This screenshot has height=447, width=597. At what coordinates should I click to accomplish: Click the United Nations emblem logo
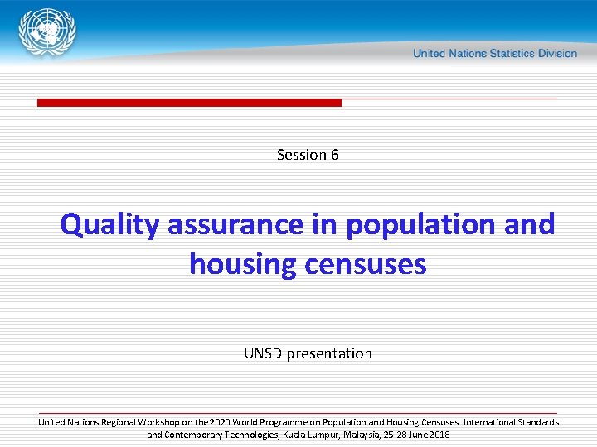47,32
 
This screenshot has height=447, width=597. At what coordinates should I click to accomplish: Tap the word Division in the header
557,53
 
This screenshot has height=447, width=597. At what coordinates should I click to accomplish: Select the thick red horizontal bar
189,103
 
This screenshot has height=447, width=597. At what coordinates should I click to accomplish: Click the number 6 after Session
335,155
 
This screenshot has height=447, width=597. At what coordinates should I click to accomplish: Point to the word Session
302,155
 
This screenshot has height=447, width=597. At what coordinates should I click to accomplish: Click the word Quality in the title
110,225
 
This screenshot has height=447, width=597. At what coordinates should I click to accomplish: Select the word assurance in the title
235,226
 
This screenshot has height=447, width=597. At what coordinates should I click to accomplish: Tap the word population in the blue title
420,225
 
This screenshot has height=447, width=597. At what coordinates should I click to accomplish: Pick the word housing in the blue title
243,265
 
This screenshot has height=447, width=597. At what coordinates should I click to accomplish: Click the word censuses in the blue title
366,266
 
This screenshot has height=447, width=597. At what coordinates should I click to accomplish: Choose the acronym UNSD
263,353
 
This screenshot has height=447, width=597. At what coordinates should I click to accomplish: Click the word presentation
329,354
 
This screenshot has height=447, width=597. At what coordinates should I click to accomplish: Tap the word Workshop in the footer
158,423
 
